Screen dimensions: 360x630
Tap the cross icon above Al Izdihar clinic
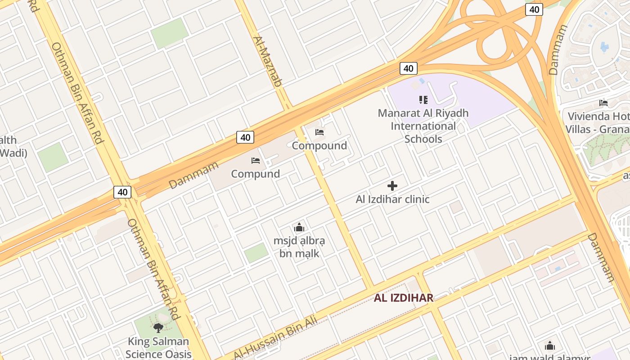click(392, 185)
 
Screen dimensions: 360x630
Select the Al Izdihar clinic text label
click(392, 199)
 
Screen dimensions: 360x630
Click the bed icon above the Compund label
click(255, 160)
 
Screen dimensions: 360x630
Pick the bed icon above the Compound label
click(319, 132)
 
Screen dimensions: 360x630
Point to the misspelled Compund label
click(255, 174)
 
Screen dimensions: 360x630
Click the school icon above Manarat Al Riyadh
click(423, 99)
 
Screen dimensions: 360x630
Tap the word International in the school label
click(423, 126)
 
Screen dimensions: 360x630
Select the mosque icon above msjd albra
click(299, 227)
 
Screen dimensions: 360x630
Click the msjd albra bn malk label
click(299, 247)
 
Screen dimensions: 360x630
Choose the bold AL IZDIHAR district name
click(404, 297)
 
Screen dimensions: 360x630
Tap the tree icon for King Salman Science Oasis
click(158, 328)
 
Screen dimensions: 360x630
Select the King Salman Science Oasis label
click(158, 348)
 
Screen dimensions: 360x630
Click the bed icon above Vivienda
click(603, 103)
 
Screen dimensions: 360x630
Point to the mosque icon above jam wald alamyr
click(549, 346)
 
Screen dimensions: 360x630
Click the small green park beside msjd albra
click(256, 253)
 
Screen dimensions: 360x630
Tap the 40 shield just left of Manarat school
click(408, 68)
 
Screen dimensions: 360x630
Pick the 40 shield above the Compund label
click(245, 137)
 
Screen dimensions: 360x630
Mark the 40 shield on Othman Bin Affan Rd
click(122, 192)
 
